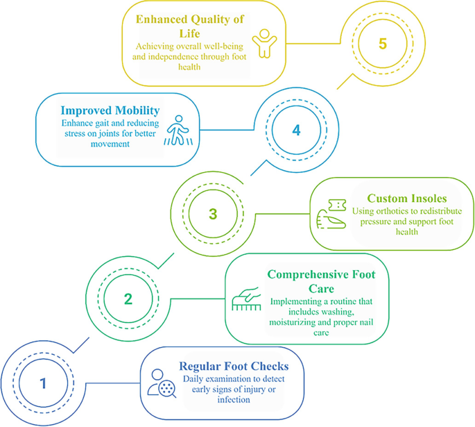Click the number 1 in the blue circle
point(43,382)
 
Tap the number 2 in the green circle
point(128,299)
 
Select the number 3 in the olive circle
point(213,213)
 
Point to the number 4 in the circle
point(297,129)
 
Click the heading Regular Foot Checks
point(234,366)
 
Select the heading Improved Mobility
point(110,110)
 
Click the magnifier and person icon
point(162,383)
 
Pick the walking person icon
point(176,129)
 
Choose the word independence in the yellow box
point(173,57)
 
